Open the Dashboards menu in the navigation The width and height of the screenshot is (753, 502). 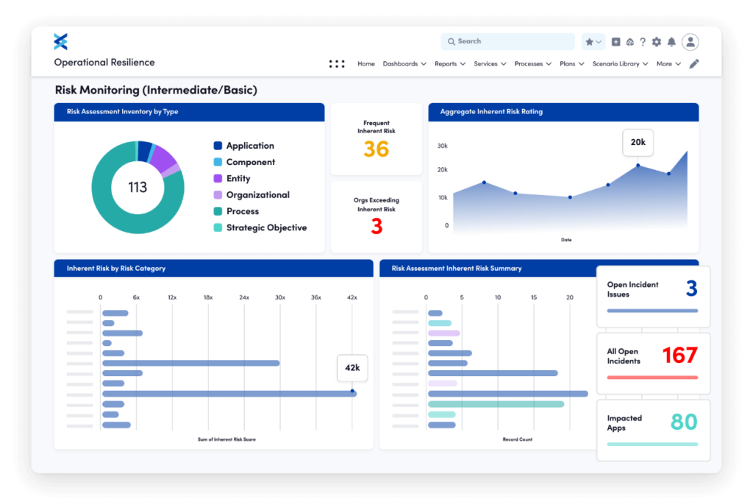404,64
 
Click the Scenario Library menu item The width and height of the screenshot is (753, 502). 620,64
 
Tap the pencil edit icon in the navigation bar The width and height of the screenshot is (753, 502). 693,64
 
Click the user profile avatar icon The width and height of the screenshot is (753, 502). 690,42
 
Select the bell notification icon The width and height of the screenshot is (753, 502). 671,42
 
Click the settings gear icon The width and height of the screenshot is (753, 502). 656,42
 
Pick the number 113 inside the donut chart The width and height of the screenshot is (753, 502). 138,187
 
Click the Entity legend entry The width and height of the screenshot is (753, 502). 238,179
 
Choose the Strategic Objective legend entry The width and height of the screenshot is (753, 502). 265,227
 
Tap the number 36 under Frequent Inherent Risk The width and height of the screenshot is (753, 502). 376,149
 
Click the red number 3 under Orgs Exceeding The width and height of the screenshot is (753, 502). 376,227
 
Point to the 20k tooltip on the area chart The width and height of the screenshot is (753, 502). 638,142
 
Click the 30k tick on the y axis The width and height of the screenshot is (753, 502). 442,146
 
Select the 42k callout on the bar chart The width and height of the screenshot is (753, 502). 351,367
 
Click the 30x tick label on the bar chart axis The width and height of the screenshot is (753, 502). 279,297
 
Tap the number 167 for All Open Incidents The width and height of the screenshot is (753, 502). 679,356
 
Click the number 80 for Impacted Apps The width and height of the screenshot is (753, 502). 684,422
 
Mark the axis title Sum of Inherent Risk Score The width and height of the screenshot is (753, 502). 226,439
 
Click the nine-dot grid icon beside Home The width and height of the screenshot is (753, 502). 337,64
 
